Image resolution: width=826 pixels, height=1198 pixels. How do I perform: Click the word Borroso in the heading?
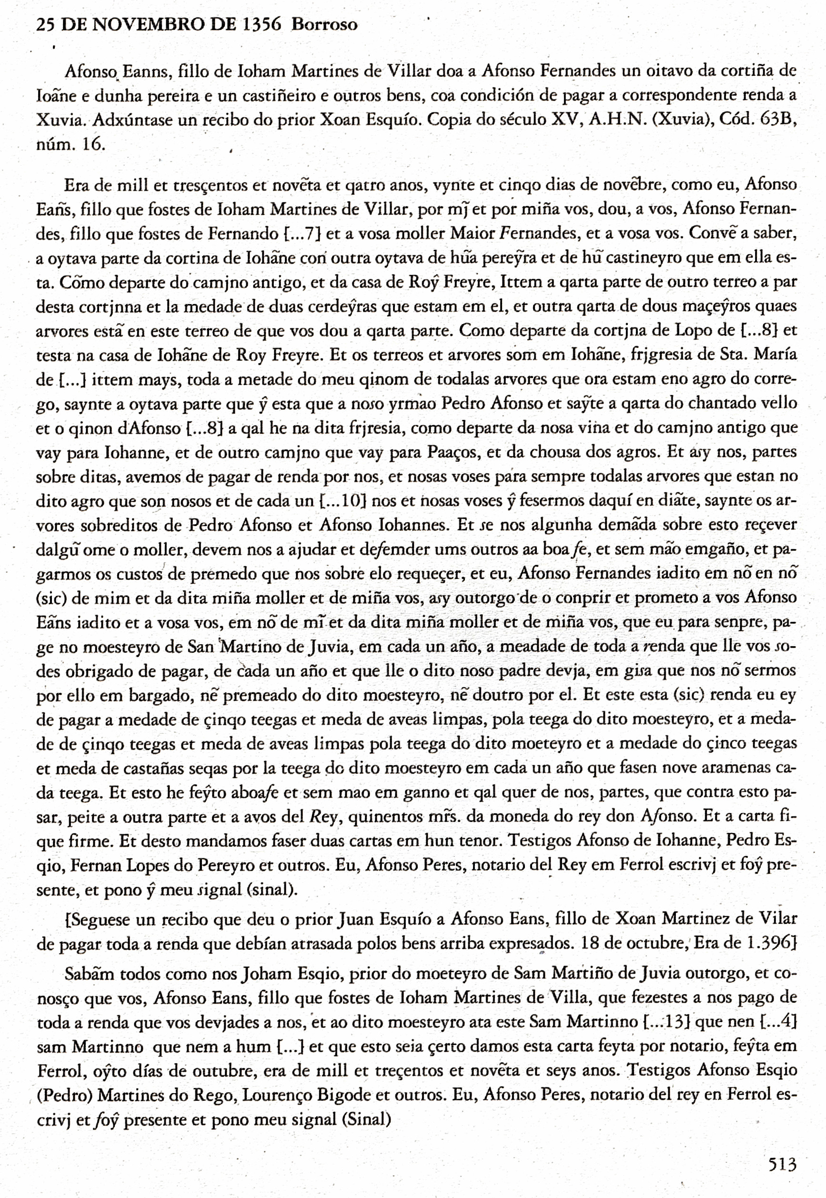[x=324, y=24]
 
